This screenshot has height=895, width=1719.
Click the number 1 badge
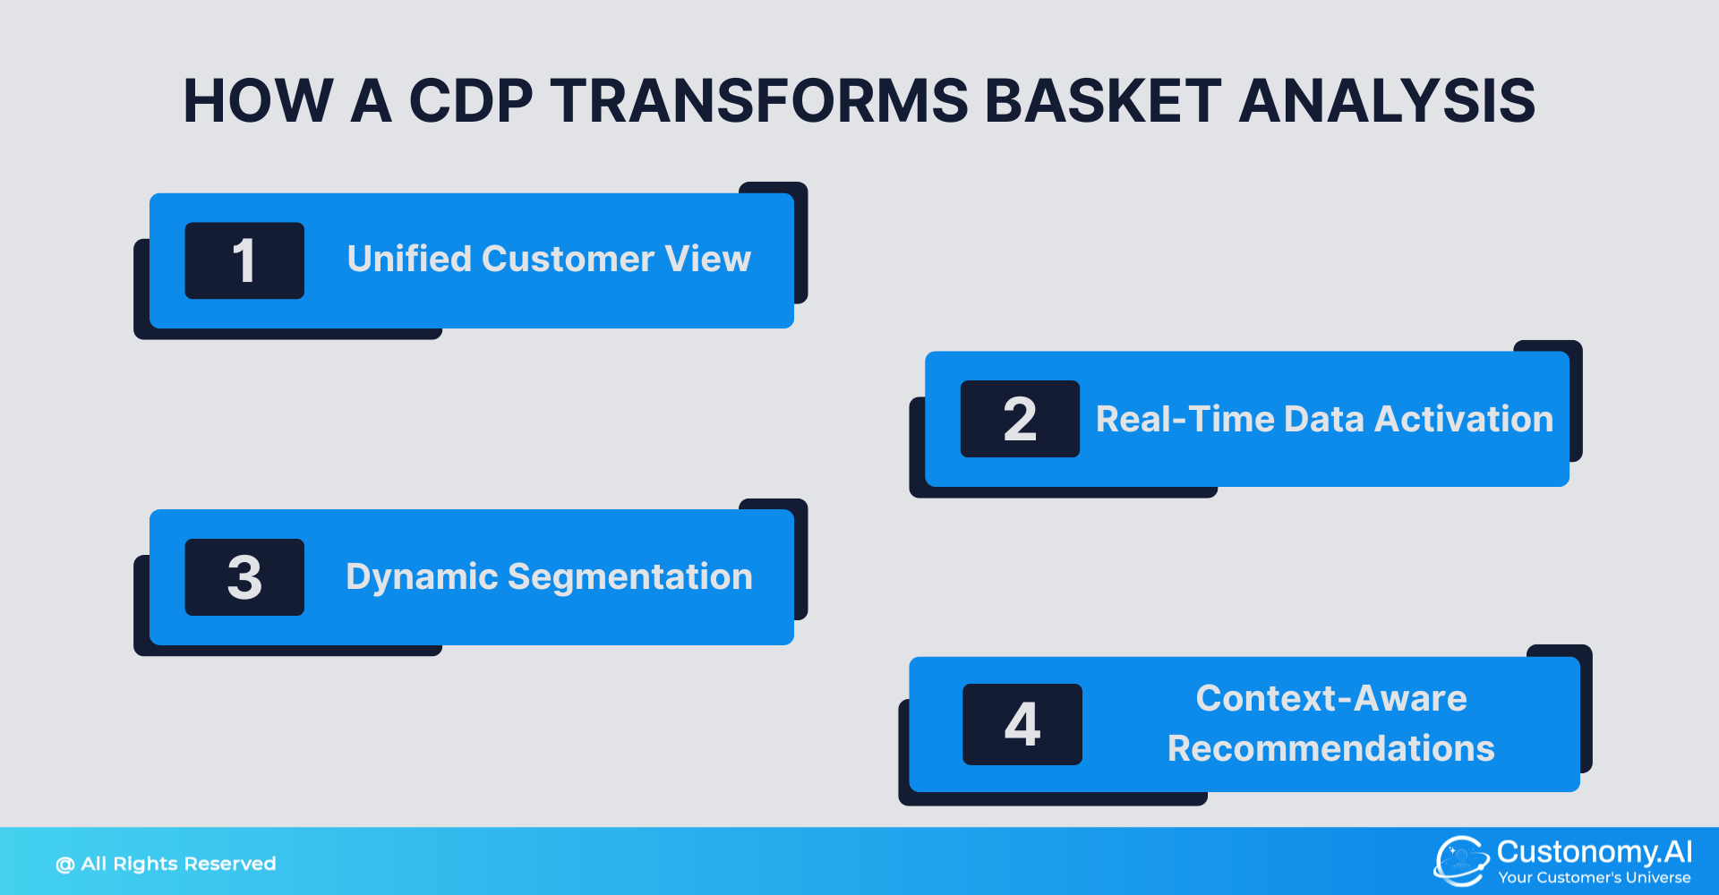click(x=244, y=260)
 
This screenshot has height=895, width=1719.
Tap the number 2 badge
click(x=1020, y=419)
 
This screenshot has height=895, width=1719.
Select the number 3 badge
click(x=244, y=577)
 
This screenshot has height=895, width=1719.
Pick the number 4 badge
click(x=1022, y=724)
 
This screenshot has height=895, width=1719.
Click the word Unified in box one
click(x=408, y=260)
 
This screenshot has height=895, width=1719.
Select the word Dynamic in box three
click(x=421, y=577)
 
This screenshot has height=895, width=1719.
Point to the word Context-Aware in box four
click(x=1331, y=698)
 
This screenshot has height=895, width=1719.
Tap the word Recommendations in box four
click(x=1331, y=748)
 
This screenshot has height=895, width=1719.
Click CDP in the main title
click(x=471, y=100)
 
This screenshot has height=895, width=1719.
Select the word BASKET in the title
click(x=1103, y=100)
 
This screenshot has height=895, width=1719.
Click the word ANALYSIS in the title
click(x=1387, y=100)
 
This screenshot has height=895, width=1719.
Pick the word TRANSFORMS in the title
click(x=759, y=100)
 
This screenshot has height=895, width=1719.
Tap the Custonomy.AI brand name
click(x=1594, y=851)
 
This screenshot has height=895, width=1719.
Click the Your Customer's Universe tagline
click(x=1594, y=878)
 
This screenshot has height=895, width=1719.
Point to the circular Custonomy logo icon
click(x=1460, y=860)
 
